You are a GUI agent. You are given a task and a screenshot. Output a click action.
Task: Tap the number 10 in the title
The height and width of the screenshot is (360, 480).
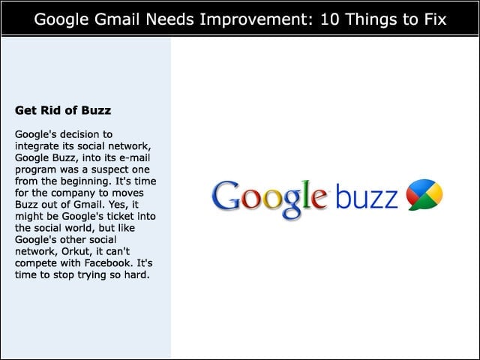331,19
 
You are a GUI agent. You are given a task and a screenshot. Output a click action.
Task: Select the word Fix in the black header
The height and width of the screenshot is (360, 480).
435,19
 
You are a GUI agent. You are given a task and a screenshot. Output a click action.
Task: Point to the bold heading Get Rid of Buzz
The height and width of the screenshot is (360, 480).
63,110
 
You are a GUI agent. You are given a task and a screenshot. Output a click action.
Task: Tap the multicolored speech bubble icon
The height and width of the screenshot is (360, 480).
424,195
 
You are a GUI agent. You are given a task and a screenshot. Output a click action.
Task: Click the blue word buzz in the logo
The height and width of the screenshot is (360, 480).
367,196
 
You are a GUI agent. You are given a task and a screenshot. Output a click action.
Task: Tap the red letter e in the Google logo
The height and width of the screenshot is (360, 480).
319,199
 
